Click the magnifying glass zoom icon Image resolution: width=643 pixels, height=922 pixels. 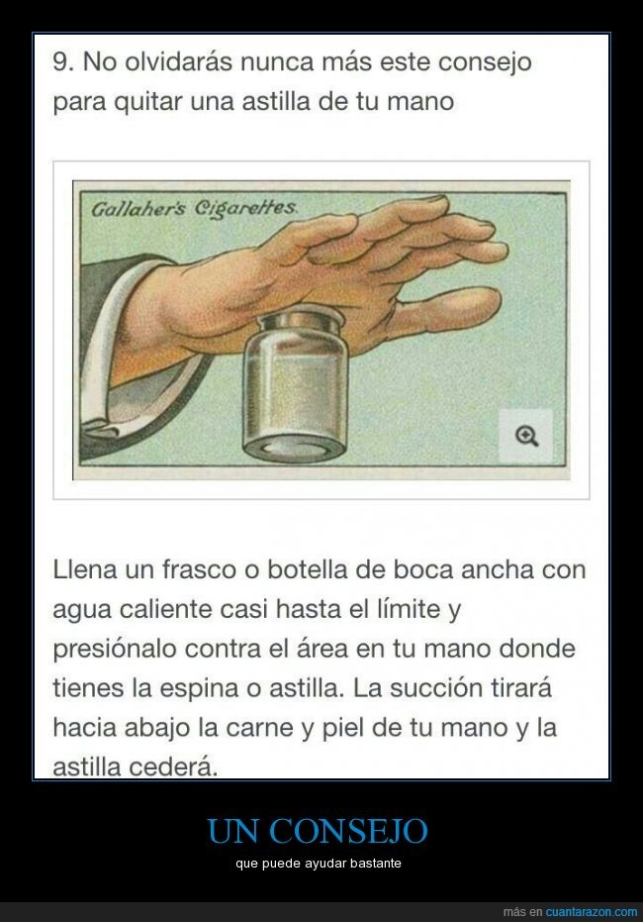[x=526, y=437]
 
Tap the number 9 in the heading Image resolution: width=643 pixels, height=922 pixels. [x=60, y=61]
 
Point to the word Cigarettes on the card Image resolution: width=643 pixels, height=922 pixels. [x=245, y=208]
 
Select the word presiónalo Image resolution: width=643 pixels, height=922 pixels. [x=115, y=650]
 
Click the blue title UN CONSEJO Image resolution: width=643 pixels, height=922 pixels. [x=318, y=831]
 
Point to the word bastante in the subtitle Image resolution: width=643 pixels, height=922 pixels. [x=375, y=864]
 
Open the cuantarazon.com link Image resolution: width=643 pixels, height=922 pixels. [x=592, y=912]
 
